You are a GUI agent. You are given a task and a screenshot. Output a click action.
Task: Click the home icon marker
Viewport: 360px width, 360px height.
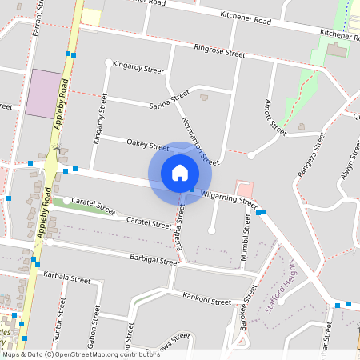(180, 172)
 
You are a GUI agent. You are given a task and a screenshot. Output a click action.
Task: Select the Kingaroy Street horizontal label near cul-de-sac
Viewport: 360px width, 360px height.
(138, 67)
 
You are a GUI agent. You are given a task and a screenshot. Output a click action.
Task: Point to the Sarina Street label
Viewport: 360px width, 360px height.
(169, 100)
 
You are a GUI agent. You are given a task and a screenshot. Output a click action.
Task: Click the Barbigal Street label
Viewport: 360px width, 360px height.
(154, 260)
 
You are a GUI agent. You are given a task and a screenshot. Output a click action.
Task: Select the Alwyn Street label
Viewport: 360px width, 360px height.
(346, 164)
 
